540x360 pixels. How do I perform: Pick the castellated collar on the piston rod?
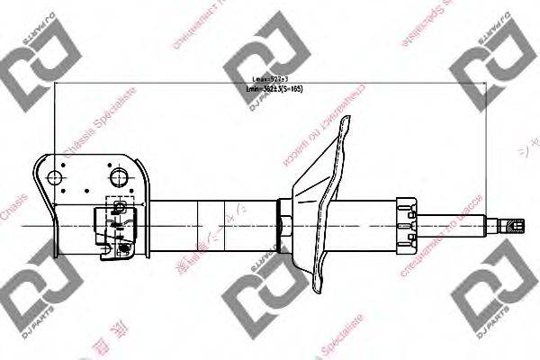click(x=402, y=222)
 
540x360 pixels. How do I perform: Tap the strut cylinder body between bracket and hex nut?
click(x=211, y=222)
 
